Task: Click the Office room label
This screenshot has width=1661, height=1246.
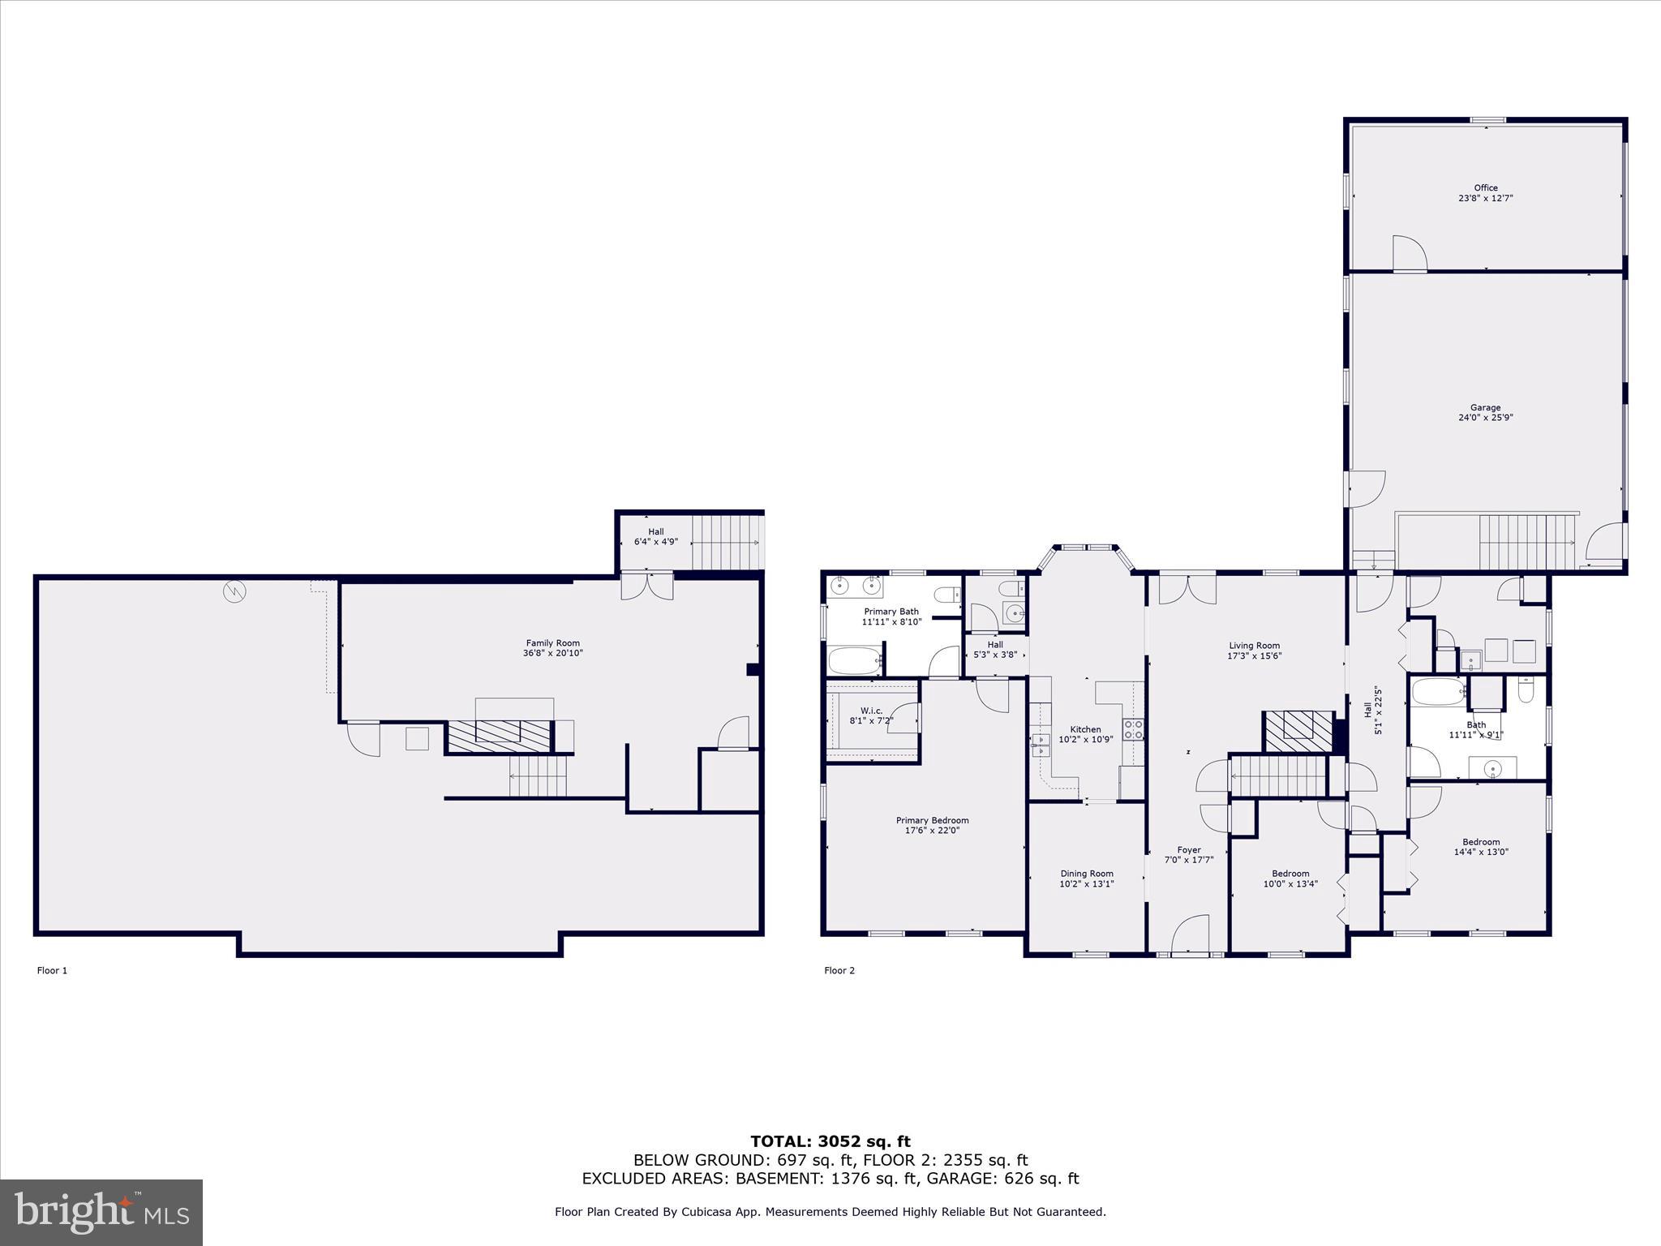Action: point(1486,188)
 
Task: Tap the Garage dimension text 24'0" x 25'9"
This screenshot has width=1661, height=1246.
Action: point(1486,418)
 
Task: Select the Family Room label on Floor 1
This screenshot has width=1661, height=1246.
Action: point(552,643)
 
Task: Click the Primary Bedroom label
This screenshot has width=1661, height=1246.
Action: point(932,820)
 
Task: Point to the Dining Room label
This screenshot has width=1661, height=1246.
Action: point(1087,874)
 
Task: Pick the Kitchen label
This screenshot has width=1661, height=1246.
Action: point(1085,729)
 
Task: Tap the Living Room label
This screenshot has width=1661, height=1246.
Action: point(1254,646)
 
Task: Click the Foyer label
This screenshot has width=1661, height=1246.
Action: point(1189,850)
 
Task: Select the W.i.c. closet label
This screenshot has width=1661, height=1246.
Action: point(871,711)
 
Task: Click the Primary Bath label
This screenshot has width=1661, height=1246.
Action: point(891,612)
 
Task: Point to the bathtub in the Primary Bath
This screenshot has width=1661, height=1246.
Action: point(855,661)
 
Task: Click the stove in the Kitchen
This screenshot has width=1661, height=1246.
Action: point(1133,730)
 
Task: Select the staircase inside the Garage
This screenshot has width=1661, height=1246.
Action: point(1526,542)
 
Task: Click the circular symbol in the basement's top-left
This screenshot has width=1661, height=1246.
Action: point(234,592)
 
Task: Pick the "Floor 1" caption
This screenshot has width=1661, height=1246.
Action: point(52,970)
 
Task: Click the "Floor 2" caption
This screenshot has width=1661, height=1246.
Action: point(839,970)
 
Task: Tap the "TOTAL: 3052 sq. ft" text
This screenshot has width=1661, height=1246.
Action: point(830,1142)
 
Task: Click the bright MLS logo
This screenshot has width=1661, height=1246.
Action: point(101,1212)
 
